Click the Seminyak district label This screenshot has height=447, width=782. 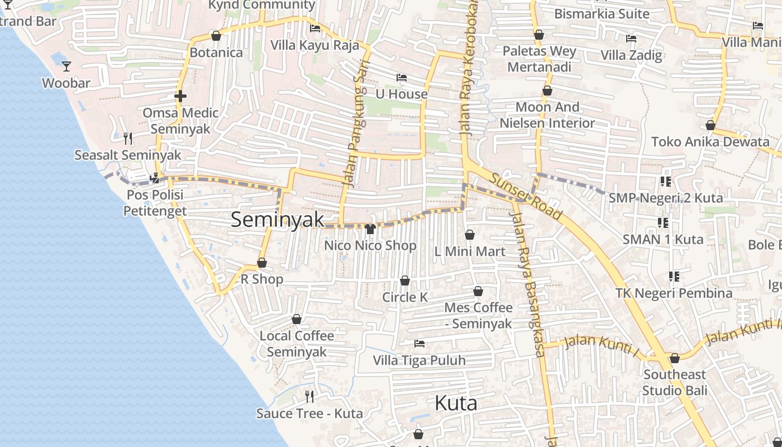pyautogui.click(x=277, y=220)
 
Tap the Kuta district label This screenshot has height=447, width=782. pyautogui.click(x=456, y=403)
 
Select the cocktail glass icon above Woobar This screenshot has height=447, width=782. pyautogui.click(x=66, y=66)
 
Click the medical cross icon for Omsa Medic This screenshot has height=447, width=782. pyautogui.click(x=180, y=96)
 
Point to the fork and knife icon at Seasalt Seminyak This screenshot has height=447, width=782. pyautogui.click(x=128, y=137)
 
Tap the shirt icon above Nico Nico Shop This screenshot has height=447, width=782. pyautogui.click(x=370, y=229)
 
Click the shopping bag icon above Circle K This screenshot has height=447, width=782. pyautogui.click(x=405, y=280)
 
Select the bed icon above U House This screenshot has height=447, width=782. pyautogui.click(x=401, y=78)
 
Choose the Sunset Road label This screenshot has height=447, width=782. pyautogui.click(x=526, y=196)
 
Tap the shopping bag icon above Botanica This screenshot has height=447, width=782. pyautogui.click(x=216, y=36)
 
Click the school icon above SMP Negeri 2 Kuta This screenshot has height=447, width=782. pyautogui.click(x=665, y=182)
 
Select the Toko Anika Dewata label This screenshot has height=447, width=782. pyautogui.click(x=710, y=141)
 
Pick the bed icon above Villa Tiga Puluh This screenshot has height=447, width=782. pyautogui.click(x=419, y=343)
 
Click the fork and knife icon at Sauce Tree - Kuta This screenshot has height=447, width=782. pyautogui.click(x=309, y=397)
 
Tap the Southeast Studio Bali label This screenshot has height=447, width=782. pyautogui.click(x=674, y=382)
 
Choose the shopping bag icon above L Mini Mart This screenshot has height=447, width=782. pyautogui.click(x=470, y=235)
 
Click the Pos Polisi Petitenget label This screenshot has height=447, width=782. pyautogui.click(x=155, y=203)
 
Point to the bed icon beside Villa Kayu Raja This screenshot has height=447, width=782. pyautogui.click(x=315, y=28)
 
